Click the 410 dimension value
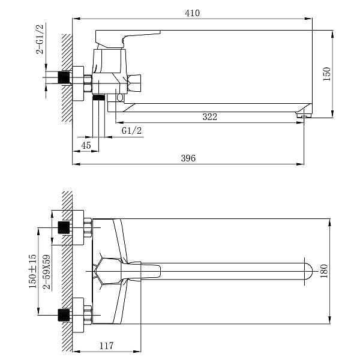click(192, 13)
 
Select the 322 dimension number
click(210, 117)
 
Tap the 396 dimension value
click(188, 158)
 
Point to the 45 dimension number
click(86, 145)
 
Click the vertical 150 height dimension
click(326, 74)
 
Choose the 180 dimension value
click(324, 271)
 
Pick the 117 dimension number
click(106, 346)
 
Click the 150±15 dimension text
click(32, 271)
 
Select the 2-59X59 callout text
click(47, 272)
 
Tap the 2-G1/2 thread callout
click(40, 39)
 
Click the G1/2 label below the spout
click(131, 131)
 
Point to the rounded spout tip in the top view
click(309, 271)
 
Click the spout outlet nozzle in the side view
click(303, 115)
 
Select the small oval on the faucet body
click(120, 97)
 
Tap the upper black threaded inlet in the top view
click(64, 227)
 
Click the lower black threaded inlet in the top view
click(64, 315)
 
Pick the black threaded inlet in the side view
click(64, 77)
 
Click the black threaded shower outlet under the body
click(98, 98)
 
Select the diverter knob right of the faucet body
click(134, 83)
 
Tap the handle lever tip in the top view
click(157, 271)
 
